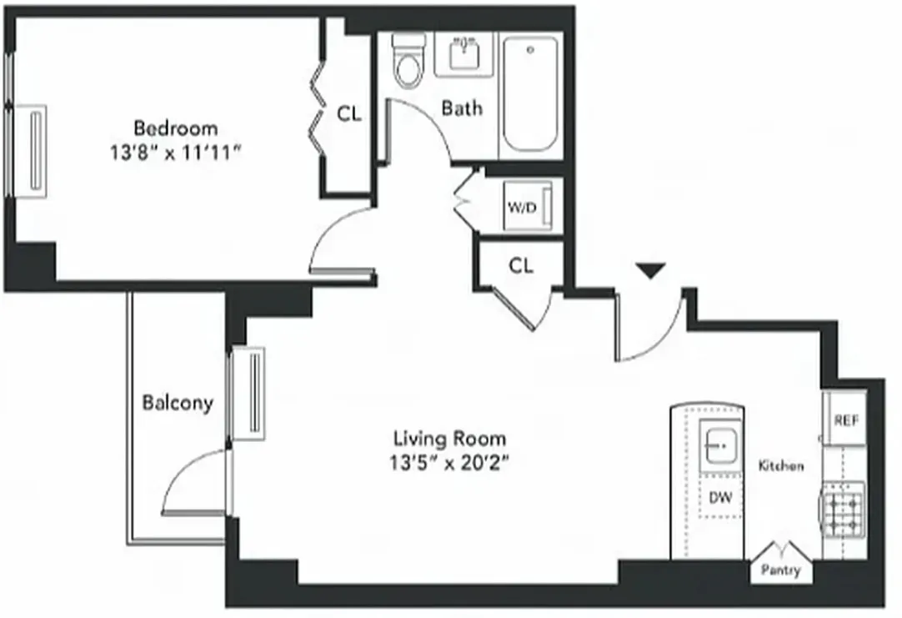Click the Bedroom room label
(176, 128)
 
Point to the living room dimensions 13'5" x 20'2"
(449, 464)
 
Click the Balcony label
(177, 404)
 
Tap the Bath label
(461, 108)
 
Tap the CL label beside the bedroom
(349, 114)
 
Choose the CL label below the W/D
(521, 265)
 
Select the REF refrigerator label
(846, 420)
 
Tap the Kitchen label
(781, 465)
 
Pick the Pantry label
(781, 570)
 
